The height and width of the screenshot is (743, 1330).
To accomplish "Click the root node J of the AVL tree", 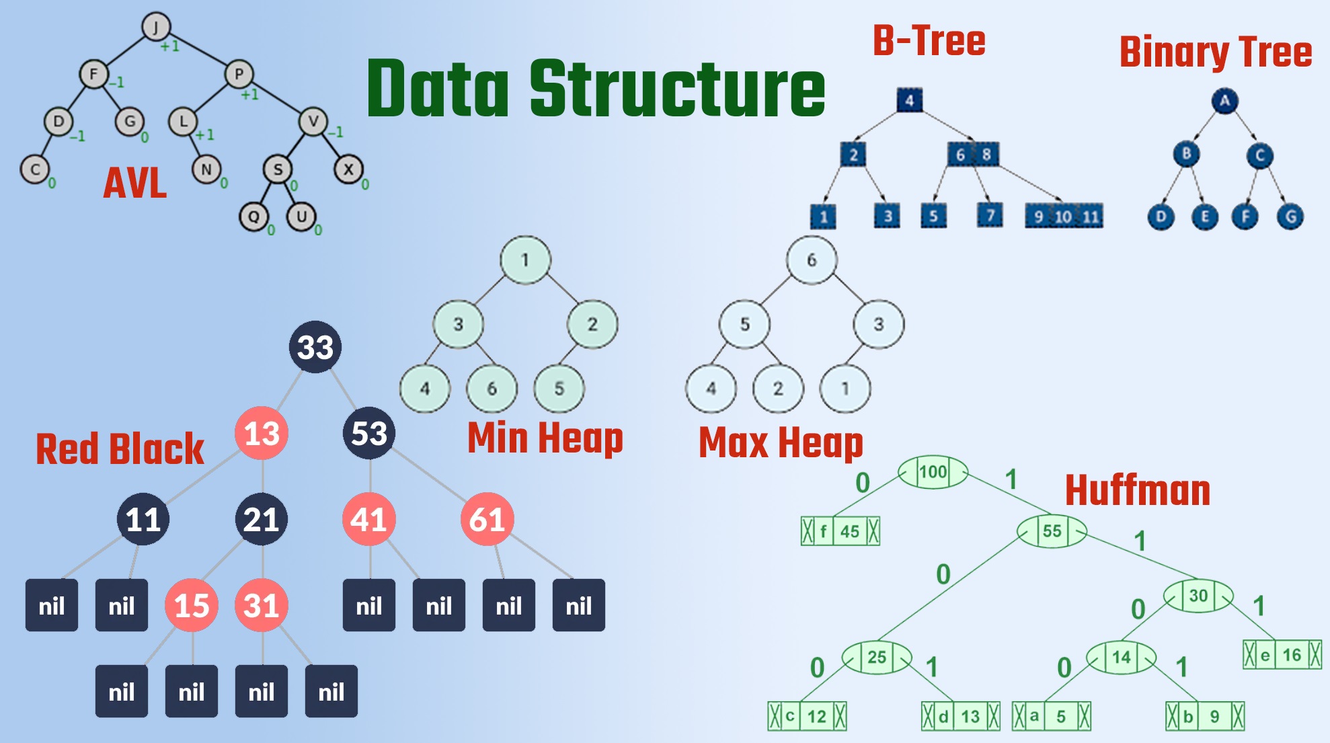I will [156, 27].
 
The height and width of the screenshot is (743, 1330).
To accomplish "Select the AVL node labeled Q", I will [253, 217].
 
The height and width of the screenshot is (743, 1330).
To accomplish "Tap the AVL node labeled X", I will [348, 169].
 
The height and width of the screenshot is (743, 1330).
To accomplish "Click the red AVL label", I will [135, 183].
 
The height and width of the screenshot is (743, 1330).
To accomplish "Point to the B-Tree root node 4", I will [909, 100].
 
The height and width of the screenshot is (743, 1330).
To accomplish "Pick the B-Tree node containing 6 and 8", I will [973, 155].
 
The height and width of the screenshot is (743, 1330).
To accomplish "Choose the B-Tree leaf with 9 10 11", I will [1064, 217].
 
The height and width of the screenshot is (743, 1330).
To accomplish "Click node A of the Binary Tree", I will [1224, 102].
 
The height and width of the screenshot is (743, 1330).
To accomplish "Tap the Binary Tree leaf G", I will [1290, 217].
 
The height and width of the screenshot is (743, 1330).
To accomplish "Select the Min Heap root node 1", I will [525, 260].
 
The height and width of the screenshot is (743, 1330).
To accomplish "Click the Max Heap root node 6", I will [812, 260].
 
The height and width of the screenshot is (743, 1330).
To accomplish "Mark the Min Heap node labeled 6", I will [492, 389].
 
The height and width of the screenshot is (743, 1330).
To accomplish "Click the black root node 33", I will [315, 347].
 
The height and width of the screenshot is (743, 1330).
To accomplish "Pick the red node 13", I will [262, 433].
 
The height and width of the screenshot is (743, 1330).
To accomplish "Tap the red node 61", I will [487, 519].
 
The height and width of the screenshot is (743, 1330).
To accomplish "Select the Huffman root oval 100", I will [933, 472].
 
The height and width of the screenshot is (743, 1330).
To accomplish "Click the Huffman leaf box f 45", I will [840, 531].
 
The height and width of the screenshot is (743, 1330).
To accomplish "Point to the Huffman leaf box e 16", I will [1282, 655].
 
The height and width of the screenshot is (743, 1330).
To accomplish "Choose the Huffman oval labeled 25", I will [877, 657].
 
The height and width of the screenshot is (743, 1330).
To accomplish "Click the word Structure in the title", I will [677, 89].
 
